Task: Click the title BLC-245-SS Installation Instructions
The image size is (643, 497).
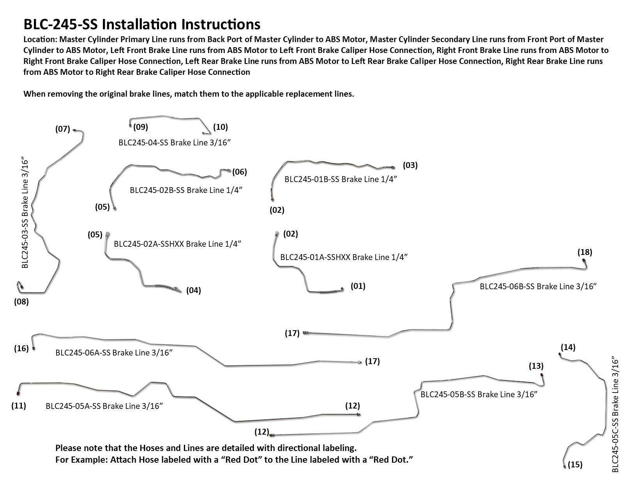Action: coord(142,24)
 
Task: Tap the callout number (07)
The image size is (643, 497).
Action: coord(62,129)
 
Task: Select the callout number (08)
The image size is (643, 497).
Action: coord(21,301)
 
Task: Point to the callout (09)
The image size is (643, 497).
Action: coord(141,127)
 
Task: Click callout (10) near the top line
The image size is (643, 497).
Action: coord(220,127)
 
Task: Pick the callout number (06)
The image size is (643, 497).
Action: coord(239,172)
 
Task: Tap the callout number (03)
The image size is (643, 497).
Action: coord(410,165)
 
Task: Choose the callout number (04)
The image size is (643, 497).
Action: coord(193,290)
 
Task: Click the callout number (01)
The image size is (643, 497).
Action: coord(358,286)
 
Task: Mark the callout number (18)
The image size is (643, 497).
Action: coord(585,252)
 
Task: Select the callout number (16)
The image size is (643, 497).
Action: coord(21,348)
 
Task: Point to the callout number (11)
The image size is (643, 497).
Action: coord(19,405)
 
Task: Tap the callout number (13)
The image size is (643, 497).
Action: coord(536,366)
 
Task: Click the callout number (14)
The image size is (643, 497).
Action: coord(568,347)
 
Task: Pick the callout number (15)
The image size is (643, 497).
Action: coord(575,465)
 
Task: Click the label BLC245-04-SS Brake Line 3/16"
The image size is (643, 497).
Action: coord(175,142)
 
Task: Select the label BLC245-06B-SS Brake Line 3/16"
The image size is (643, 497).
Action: coord(538,286)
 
